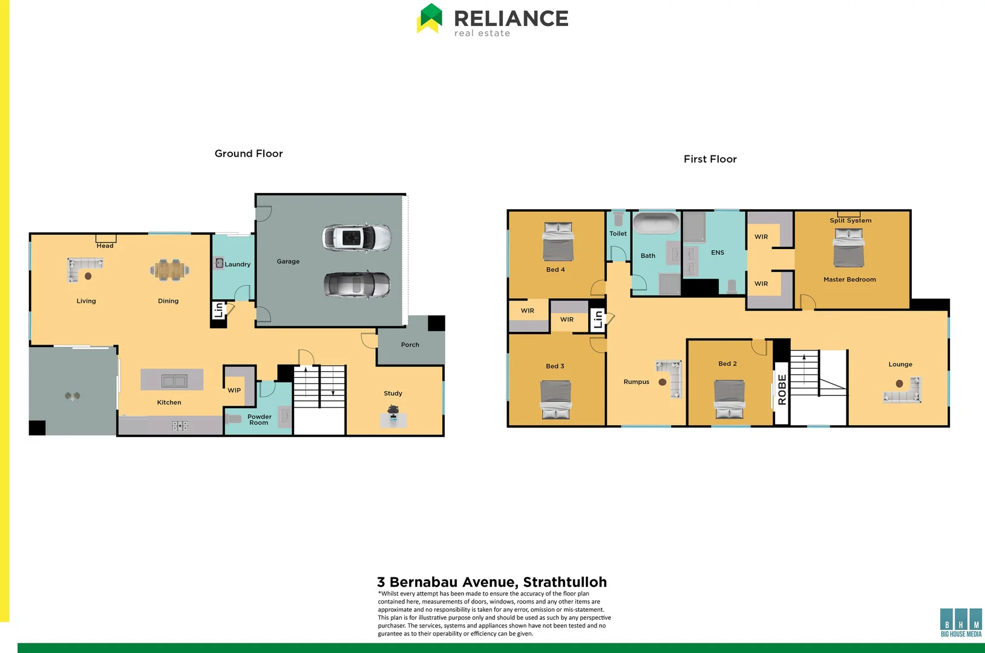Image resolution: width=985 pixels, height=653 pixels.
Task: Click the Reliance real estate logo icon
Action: [430, 18]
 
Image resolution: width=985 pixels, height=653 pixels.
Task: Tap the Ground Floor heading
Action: [249, 154]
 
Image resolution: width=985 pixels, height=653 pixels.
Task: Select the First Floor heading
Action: [710, 159]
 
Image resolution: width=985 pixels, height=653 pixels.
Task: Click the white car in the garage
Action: [356, 238]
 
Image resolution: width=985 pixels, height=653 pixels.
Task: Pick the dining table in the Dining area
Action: [170, 270]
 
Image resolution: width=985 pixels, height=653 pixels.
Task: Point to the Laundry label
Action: [237, 264]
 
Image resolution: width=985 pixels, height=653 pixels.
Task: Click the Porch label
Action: [410, 345]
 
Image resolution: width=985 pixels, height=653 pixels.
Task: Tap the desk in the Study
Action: [393, 418]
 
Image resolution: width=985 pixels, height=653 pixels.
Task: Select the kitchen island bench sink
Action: [174, 380]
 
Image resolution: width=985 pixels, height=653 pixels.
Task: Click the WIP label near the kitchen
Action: [234, 391]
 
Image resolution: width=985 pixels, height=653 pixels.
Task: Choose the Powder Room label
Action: [259, 420]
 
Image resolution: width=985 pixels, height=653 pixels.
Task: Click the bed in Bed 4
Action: [558, 242]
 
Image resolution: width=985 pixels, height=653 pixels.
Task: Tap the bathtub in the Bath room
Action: [656, 223]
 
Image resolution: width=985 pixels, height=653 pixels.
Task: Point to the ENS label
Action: [718, 253]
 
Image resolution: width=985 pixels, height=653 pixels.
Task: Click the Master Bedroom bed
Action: [848, 248]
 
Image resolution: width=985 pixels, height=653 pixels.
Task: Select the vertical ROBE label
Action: [782, 389]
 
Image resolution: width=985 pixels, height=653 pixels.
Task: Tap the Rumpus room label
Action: [636, 382]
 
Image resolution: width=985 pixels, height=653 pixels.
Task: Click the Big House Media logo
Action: [961, 623]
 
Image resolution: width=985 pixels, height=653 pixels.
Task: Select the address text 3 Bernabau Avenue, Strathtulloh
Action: [491, 582]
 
